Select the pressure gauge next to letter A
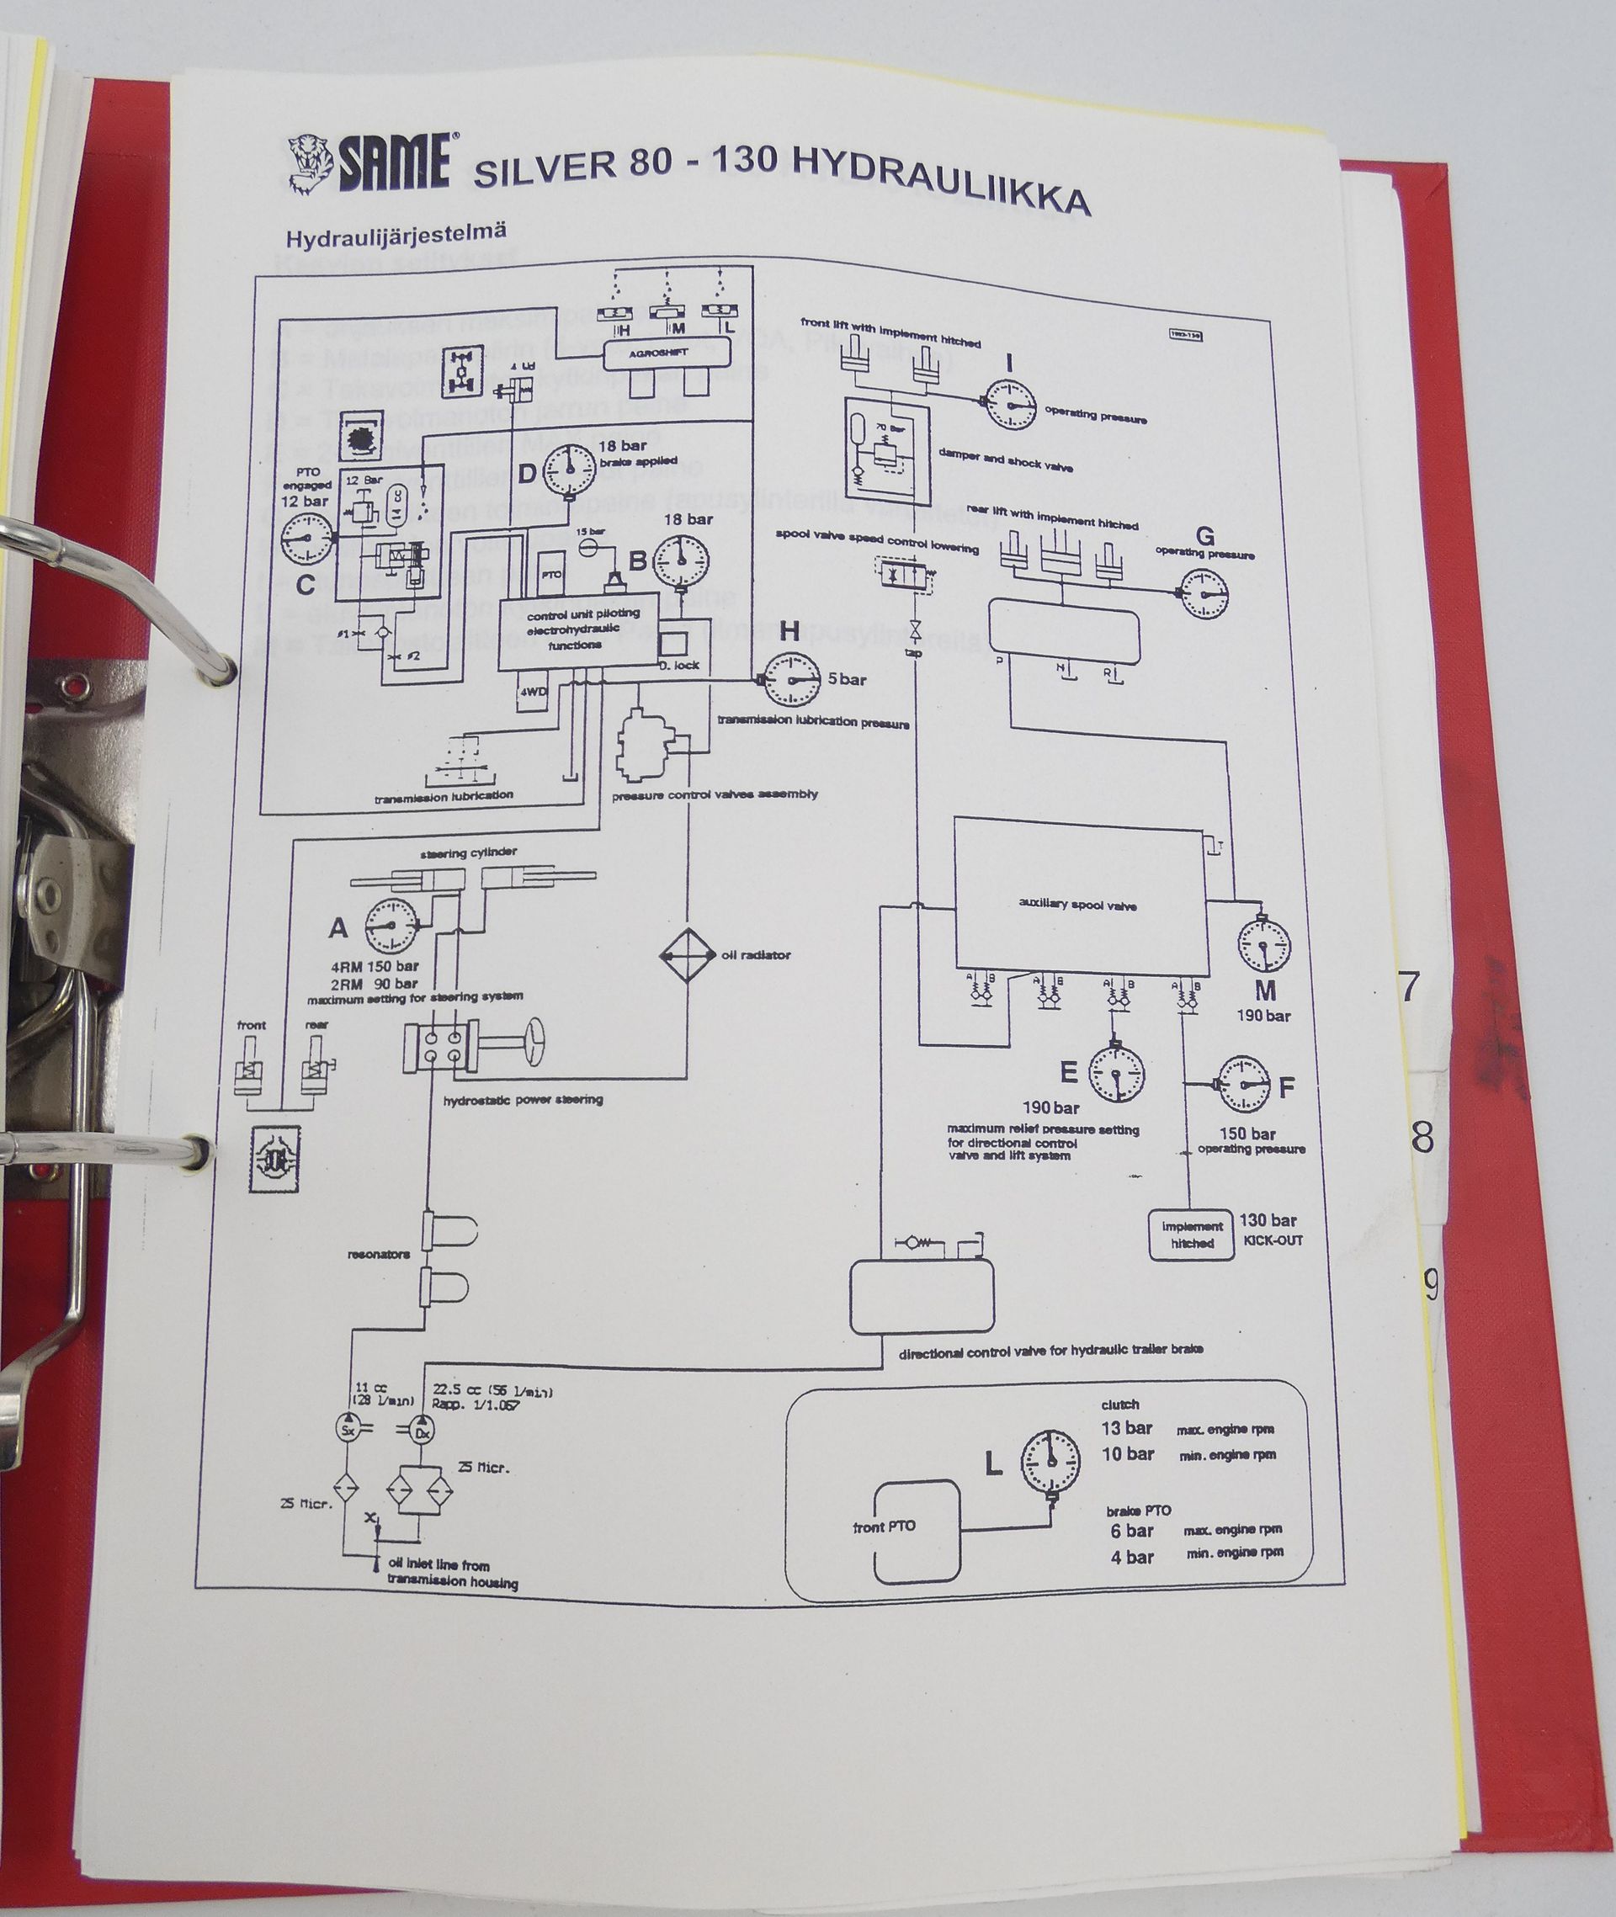[x=391, y=927]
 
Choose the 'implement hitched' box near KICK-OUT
[x=1192, y=1235]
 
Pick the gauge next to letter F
[x=1243, y=1084]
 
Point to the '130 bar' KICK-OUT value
[x=1268, y=1220]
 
